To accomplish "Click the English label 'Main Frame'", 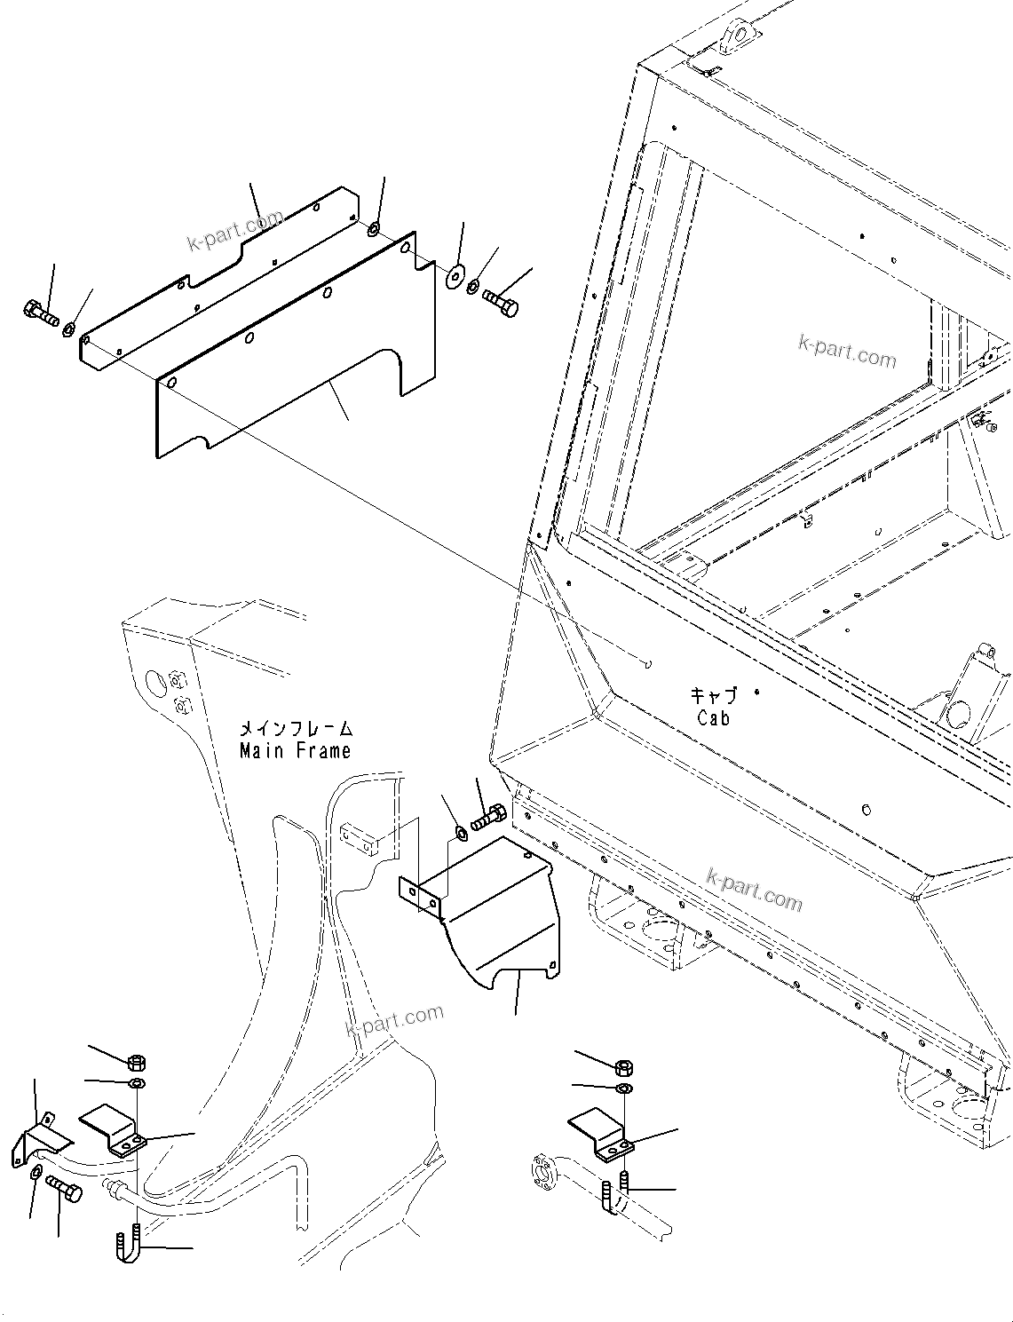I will point(295,751).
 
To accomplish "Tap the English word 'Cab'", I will point(713,718).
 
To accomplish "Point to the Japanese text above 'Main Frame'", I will point(296,729).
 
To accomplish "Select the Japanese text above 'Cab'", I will point(714,696).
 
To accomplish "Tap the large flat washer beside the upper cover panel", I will point(455,276).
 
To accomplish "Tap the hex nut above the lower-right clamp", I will point(623,1067).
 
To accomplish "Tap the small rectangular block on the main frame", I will point(360,839).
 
